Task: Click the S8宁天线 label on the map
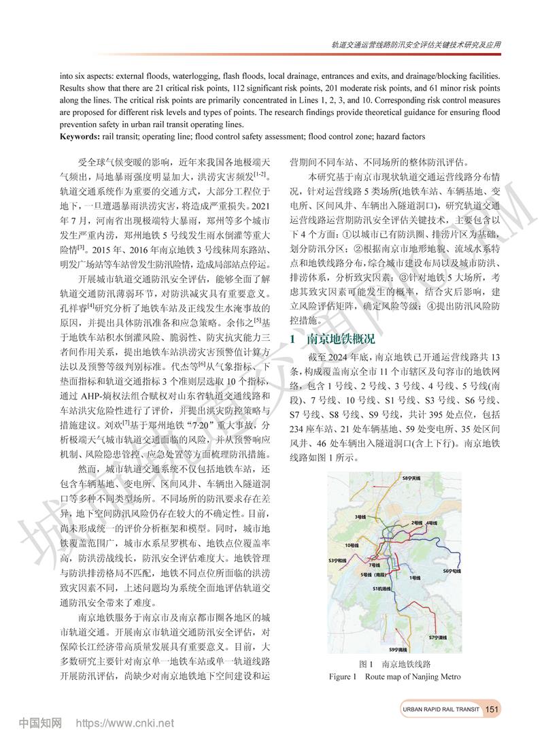[412, 480]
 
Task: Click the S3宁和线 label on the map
[338, 559]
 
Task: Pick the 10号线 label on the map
[352, 546]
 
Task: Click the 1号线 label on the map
[413, 577]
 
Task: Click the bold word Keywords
[79, 136]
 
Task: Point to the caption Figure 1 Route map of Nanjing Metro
[394, 676]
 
